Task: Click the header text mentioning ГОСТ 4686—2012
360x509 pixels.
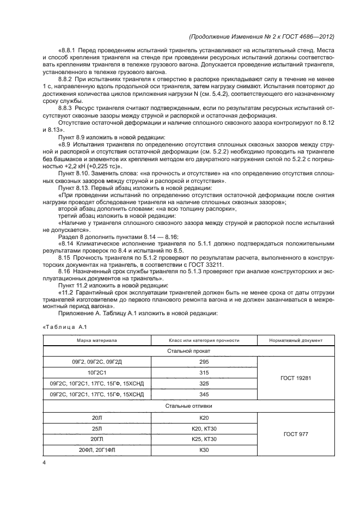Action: [261, 36]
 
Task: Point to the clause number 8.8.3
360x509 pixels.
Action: [68, 108]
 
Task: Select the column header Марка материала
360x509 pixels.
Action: [96, 340]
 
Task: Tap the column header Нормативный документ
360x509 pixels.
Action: [296, 340]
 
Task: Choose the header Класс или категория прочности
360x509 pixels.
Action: [204, 340]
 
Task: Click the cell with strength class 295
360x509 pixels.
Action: [204, 363]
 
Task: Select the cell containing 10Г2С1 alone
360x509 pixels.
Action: [96, 373]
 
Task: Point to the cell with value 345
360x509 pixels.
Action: [204, 395]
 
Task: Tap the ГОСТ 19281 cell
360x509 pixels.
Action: [296, 378]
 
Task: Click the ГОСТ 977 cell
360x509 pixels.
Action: [296, 433]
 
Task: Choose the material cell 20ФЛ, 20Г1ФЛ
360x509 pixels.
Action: [96, 450]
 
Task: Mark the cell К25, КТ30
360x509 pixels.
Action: [204, 439]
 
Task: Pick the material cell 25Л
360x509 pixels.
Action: [96, 428]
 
